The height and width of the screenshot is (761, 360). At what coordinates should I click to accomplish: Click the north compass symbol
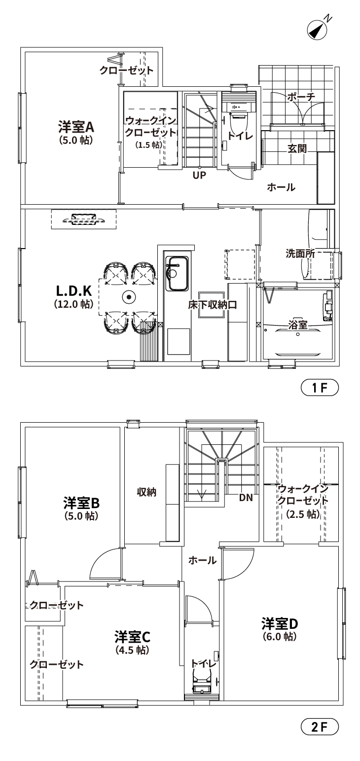[318, 29]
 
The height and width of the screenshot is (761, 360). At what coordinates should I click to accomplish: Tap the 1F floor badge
[320, 388]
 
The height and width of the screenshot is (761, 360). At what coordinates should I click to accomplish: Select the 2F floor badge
[320, 726]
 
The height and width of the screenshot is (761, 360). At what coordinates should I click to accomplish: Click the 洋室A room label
[76, 127]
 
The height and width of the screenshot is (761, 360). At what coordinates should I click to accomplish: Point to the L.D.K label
[73, 291]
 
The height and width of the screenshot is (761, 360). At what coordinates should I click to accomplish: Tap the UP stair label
[199, 175]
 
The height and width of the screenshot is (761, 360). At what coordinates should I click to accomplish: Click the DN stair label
[246, 498]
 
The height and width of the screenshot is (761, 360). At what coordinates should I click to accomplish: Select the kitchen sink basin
[177, 274]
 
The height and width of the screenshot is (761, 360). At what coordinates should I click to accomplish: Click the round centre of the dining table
[129, 297]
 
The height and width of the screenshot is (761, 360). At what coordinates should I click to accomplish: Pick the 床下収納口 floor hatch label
[212, 305]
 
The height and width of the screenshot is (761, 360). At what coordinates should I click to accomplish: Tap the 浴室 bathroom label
[297, 325]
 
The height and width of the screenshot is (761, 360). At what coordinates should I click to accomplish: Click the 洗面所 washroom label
[300, 254]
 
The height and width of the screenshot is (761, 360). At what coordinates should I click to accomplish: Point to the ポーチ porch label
[301, 97]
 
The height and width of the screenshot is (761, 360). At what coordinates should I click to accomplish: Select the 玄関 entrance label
[297, 148]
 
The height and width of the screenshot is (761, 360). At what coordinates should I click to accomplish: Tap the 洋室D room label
[280, 624]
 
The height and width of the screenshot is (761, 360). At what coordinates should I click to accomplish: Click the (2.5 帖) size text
[303, 514]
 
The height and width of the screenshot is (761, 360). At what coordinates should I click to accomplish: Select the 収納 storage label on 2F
[146, 492]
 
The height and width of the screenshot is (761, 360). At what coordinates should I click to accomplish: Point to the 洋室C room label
[133, 637]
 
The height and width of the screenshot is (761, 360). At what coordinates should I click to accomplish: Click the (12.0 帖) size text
[73, 304]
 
